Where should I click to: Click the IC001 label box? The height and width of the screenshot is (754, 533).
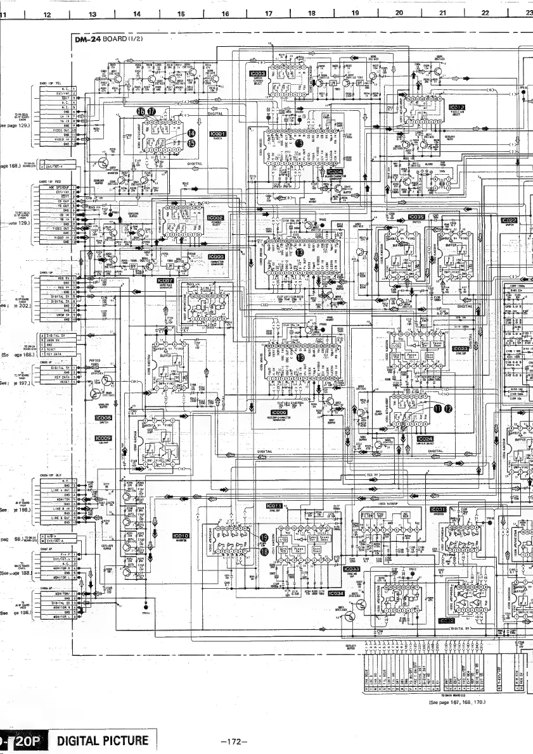217,134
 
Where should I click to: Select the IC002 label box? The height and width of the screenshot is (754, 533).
216,217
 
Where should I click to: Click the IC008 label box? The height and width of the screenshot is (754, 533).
103,418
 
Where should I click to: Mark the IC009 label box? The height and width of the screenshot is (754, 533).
103,438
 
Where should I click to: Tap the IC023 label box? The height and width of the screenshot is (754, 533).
460,348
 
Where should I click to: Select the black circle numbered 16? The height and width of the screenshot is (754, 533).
141,110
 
